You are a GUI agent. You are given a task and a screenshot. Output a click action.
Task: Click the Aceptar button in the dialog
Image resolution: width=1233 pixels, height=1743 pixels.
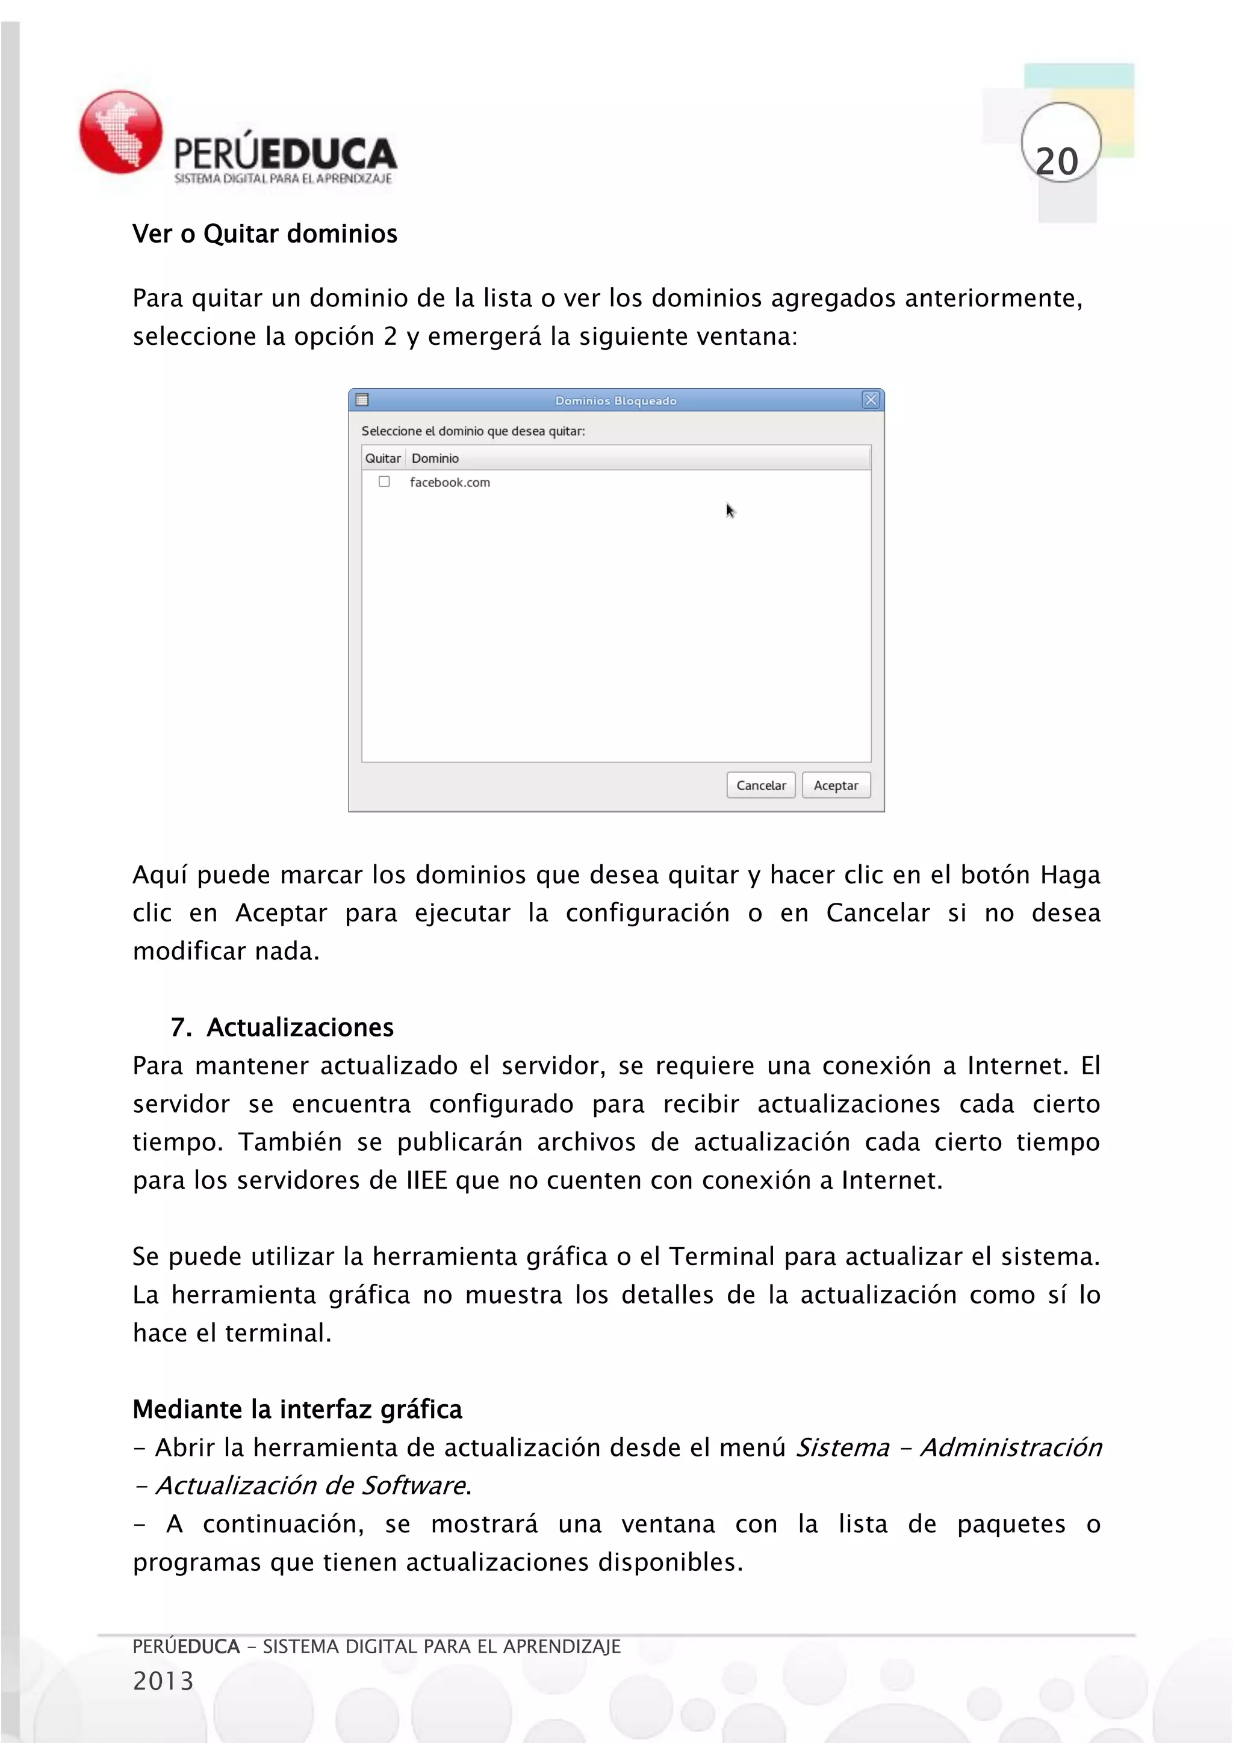tap(835, 785)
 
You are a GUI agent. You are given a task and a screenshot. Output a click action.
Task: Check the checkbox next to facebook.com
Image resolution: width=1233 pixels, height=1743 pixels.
tap(384, 481)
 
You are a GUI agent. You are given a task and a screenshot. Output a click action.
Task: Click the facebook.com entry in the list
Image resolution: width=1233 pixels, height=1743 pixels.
tap(450, 482)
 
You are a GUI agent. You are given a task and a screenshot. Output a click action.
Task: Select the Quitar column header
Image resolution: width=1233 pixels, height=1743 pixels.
tap(383, 458)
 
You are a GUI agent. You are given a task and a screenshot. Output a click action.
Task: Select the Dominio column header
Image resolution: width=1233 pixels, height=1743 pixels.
tap(435, 458)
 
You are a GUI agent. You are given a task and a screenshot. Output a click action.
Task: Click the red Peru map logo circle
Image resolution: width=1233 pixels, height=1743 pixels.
tap(121, 132)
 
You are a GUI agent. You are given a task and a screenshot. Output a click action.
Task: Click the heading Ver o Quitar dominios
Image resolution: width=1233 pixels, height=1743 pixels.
tap(264, 234)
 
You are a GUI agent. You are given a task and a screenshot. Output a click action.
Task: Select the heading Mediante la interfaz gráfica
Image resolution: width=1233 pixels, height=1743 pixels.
tap(297, 1409)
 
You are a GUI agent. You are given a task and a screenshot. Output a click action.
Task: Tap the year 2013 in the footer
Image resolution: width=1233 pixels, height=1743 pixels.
tap(163, 1681)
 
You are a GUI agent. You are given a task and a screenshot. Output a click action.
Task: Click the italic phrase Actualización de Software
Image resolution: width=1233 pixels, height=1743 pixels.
tap(311, 1485)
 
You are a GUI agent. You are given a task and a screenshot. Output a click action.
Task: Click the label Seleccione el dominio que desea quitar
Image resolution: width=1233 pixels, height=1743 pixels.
tap(473, 430)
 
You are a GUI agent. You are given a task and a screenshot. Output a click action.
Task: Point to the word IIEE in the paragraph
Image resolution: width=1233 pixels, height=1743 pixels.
tap(427, 1180)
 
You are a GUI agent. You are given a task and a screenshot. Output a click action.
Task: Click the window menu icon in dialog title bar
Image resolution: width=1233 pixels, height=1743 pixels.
tap(362, 399)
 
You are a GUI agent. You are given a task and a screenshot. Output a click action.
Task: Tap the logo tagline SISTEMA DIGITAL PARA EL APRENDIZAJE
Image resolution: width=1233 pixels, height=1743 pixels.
tap(282, 178)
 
